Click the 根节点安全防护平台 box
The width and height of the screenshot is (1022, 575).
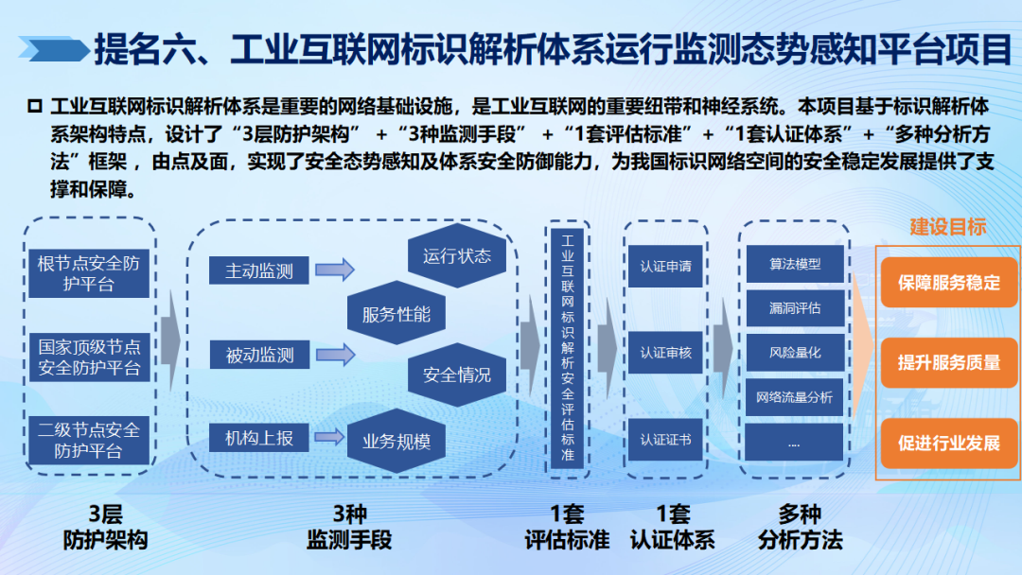(x=89, y=273)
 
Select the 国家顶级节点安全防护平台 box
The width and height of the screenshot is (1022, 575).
(x=89, y=357)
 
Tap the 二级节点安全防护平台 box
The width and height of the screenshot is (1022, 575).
(x=89, y=440)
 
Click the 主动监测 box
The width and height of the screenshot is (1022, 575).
(x=258, y=270)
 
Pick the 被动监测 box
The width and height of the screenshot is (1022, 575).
(x=259, y=355)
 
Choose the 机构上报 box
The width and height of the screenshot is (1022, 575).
(x=258, y=438)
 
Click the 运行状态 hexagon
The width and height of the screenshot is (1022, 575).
(x=457, y=256)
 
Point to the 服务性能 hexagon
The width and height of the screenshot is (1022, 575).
(x=396, y=314)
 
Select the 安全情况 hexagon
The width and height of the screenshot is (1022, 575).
(x=457, y=375)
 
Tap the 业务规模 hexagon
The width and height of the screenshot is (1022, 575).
(x=396, y=441)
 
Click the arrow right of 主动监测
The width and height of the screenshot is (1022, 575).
(x=335, y=269)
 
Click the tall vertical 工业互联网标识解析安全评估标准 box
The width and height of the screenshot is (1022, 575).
(x=568, y=348)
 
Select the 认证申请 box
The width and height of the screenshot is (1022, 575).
(x=665, y=266)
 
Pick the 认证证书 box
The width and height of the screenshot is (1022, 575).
(x=665, y=440)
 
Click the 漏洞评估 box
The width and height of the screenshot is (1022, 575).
(x=795, y=308)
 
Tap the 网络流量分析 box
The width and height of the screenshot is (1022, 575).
(x=795, y=397)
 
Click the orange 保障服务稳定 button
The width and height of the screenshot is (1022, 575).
(x=949, y=282)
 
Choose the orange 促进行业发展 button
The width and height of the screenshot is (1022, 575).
(x=949, y=443)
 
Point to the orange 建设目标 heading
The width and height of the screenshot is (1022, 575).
(x=947, y=227)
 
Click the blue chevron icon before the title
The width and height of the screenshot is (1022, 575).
(x=53, y=49)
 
